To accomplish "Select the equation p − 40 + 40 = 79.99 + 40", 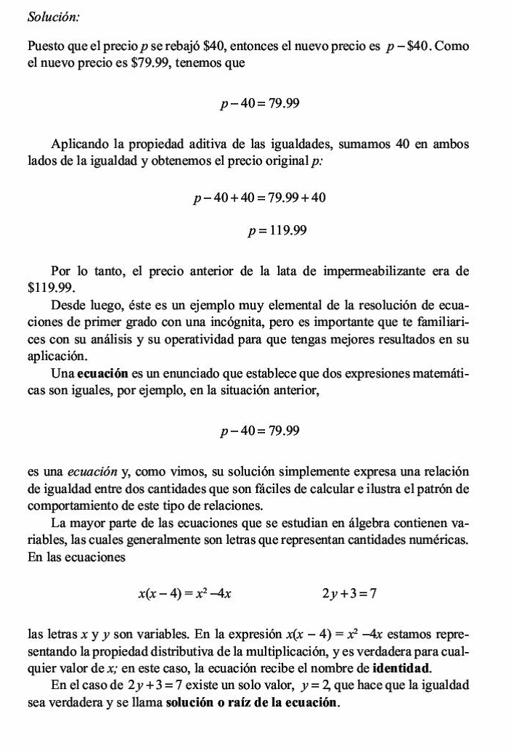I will point(259,198).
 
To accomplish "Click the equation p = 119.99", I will point(277,232).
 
